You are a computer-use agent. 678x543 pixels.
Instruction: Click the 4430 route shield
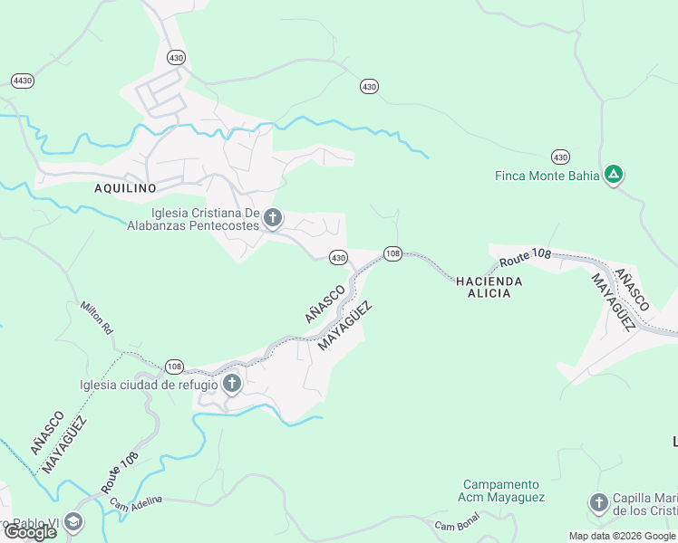pyautogui.click(x=23, y=81)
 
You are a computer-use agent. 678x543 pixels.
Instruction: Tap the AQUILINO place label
pyautogui.click(x=125, y=188)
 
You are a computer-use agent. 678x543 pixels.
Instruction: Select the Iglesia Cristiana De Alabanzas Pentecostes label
pyautogui.click(x=192, y=219)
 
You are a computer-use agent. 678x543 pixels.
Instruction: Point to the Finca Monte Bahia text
pyautogui.click(x=547, y=176)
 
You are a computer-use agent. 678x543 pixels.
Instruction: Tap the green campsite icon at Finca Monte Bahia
pyautogui.click(x=614, y=174)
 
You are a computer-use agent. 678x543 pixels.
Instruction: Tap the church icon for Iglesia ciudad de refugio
pyautogui.click(x=232, y=384)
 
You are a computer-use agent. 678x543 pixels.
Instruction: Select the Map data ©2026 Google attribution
pyautogui.click(x=623, y=536)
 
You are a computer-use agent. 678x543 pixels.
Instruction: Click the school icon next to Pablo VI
pyautogui.click(x=73, y=522)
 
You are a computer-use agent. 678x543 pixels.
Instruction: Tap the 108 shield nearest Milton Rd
pyautogui.click(x=174, y=367)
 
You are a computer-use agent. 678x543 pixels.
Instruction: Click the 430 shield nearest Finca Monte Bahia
pyautogui.click(x=561, y=157)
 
